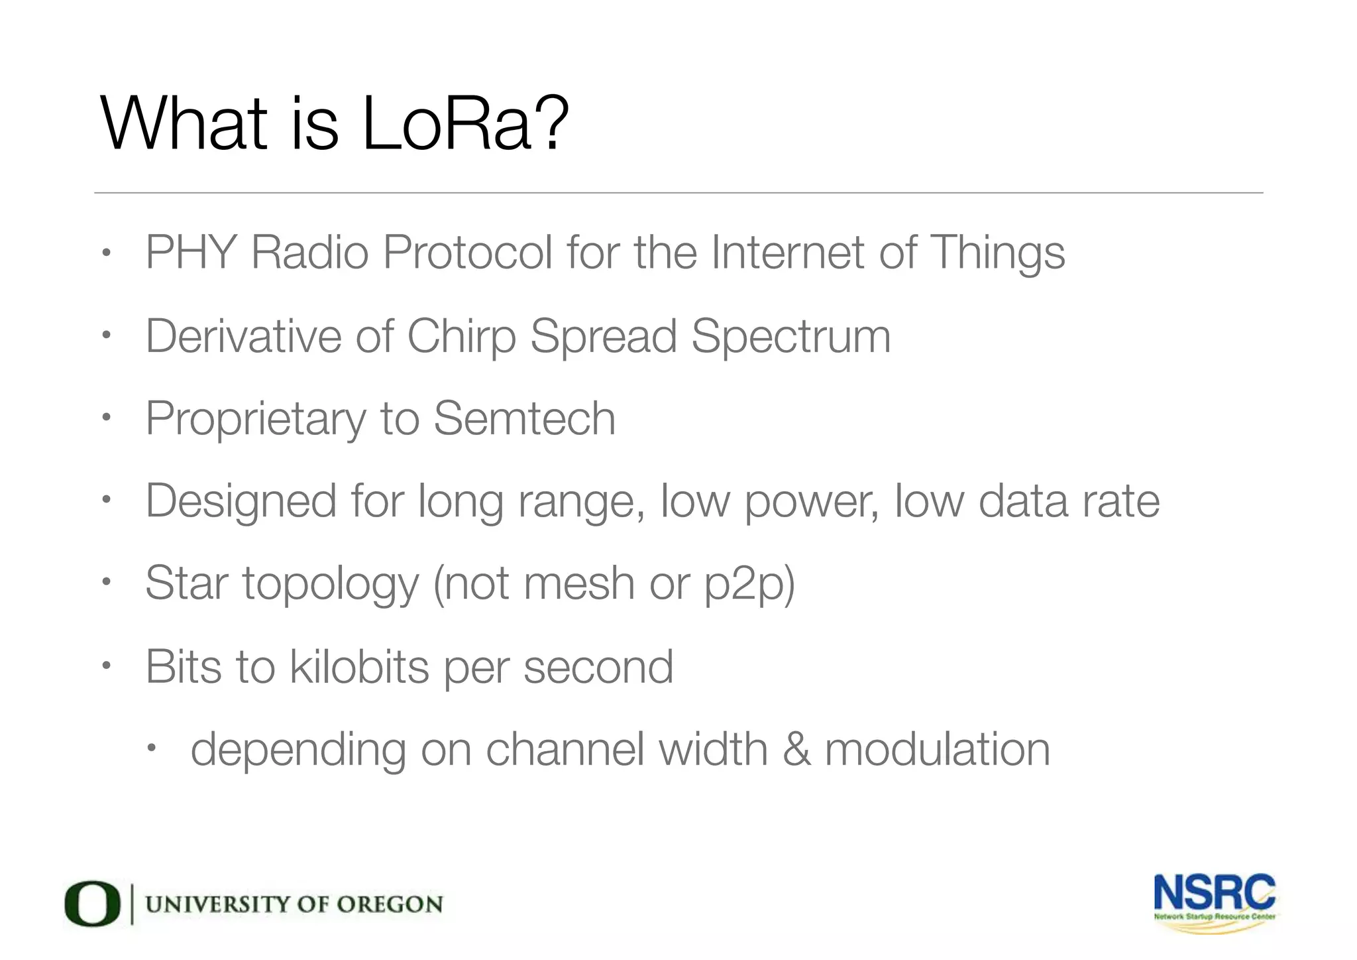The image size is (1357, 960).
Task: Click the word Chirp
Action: coord(461,337)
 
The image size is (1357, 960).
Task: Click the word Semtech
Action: coord(524,419)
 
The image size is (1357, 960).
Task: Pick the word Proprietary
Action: coord(255,420)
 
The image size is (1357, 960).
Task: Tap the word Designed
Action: coord(241,502)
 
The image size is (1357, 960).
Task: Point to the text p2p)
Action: coord(749,585)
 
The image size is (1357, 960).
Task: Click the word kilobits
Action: coord(359,667)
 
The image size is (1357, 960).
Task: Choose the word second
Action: coord(598,667)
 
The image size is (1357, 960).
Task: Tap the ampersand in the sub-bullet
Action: coord(796,750)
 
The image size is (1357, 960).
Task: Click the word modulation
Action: coord(937,750)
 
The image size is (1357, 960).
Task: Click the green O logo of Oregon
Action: coord(92,904)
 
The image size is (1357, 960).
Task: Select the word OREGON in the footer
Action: coord(389,904)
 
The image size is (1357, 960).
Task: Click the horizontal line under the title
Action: coord(678,193)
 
